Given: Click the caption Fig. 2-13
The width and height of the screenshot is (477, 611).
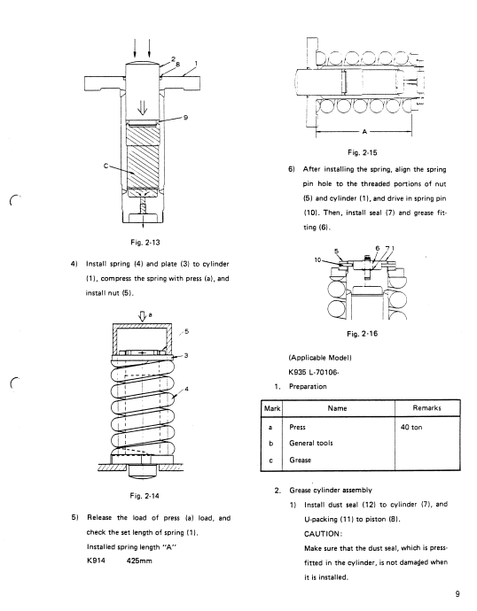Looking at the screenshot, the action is pyautogui.click(x=145, y=243).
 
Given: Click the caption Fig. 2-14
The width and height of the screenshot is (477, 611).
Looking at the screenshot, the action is pyautogui.click(x=145, y=496).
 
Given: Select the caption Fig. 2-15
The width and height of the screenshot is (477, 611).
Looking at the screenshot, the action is pyautogui.click(x=363, y=152).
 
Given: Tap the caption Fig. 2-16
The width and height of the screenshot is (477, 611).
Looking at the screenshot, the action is pyautogui.click(x=362, y=334).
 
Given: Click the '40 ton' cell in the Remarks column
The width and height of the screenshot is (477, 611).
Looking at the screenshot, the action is pyautogui.click(x=411, y=427).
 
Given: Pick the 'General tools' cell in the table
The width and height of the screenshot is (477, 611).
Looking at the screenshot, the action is pyautogui.click(x=311, y=443).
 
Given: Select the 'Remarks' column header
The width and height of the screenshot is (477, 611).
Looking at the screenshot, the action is pyautogui.click(x=426, y=408).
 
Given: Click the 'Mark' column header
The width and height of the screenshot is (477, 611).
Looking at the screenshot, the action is pyautogui.click(x=272, y=408).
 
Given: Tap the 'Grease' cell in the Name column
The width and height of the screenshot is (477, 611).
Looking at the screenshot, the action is pyautogui.click(x=300, y=460).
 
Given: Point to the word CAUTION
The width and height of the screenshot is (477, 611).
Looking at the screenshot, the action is pyautogui.click(x=323, y=534).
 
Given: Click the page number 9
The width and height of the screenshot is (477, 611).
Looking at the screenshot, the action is pyautogui.click(x=457, y=594).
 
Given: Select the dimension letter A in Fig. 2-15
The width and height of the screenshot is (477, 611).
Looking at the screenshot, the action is pyautogui.click(x=364, y=132).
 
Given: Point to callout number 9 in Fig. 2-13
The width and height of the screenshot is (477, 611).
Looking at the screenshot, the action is pyautogui.click(x=185, y=117).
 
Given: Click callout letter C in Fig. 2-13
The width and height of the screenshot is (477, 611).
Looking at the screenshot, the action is pyautogui.click(x=106, y=166).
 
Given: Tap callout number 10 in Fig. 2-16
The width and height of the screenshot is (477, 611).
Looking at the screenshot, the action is pyautogui.click(x=318, y=259).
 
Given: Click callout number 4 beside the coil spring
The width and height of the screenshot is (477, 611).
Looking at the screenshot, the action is pyautogui.click(x=187, y=389).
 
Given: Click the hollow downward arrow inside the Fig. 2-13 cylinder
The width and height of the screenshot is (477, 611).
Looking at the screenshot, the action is pyautogui.click(x=143, y=107).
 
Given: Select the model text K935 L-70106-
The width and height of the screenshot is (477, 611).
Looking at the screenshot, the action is pyautogui.click(x=314, y=372).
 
